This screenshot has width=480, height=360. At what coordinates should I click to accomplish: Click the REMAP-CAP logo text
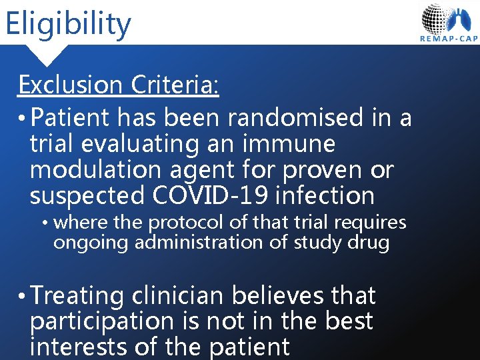tap(449, 39)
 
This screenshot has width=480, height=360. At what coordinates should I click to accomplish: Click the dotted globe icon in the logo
tap(436, 18)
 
